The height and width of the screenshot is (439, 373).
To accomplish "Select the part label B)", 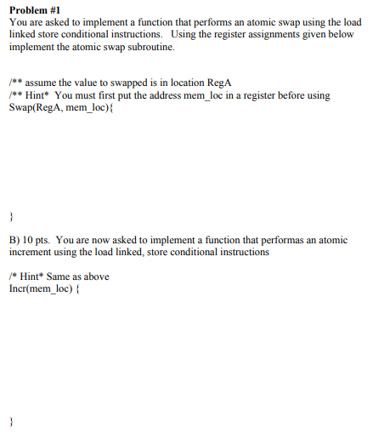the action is tap(15, 240).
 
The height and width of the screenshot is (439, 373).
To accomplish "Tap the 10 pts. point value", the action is tap(40, 240).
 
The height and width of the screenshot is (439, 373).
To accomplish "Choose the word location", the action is tap(184, 83).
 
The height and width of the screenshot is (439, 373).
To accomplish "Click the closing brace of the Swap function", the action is tap(11, 214).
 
